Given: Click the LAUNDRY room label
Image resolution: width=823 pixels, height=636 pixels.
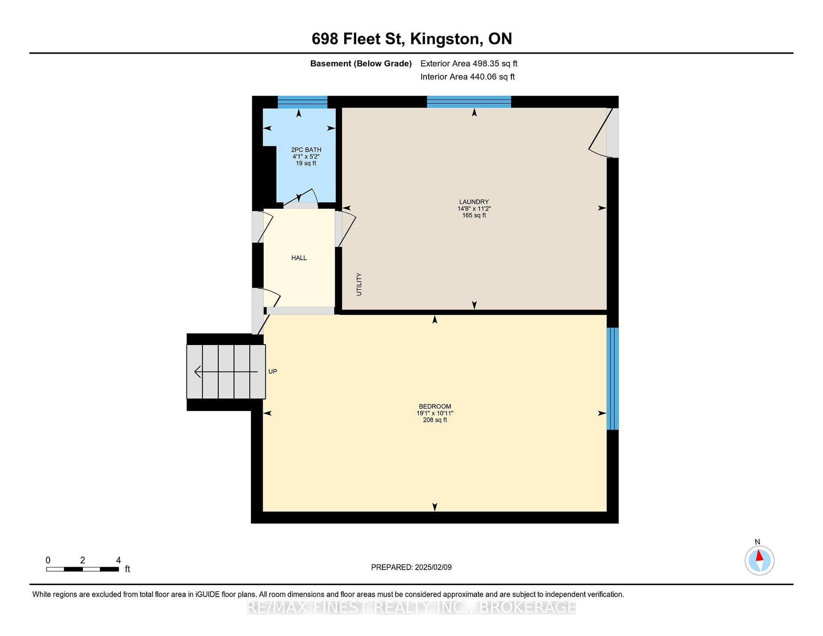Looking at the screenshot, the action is [x=474, y=202].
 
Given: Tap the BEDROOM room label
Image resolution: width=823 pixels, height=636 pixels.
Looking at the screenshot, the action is [x=435, y=406].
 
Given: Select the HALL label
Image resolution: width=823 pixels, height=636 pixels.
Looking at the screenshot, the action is [x=299, y=258].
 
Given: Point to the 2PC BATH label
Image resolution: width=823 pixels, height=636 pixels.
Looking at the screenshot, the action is [x=306, y=150].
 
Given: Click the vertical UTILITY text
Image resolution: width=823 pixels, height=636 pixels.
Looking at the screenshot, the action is [x=359, y=284].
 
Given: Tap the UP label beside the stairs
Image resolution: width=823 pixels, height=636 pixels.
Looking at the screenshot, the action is [x=273, y=372].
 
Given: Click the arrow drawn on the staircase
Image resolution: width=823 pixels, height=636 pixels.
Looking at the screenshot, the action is [x=226, y=372].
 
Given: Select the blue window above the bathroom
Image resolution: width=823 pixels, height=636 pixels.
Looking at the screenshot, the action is [x=303, y=102].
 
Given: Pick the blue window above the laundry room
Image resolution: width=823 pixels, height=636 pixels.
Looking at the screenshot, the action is [x=469, y=102].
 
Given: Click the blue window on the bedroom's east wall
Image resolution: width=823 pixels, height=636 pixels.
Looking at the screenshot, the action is [x=613, y=378].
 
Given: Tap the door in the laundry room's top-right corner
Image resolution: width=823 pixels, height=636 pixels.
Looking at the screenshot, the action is [x=601, y=133].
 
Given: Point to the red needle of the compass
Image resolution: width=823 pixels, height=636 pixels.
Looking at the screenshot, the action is [x=759, y=555].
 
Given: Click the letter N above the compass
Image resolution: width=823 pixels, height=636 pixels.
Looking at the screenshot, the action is [x=757, y=542].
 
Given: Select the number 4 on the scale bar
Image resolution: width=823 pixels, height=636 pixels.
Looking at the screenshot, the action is [x=118, y=560].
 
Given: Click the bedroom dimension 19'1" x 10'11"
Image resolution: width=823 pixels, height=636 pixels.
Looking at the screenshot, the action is [x=435, y=413].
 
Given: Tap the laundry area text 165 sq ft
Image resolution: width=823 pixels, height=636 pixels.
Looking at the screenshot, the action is [x=474, y=215].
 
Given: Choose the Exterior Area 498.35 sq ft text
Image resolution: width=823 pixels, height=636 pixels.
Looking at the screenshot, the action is [x=469, y=63].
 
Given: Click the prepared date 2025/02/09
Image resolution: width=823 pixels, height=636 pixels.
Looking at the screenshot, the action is [x=433, y=567].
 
